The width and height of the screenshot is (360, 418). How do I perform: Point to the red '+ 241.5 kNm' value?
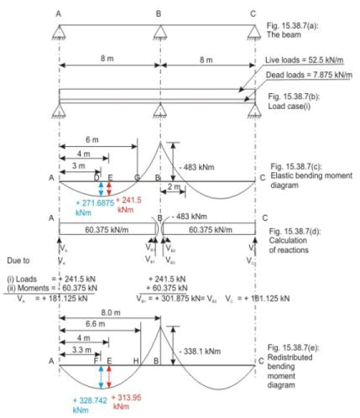124,206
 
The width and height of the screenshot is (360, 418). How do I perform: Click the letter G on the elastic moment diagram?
137,178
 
